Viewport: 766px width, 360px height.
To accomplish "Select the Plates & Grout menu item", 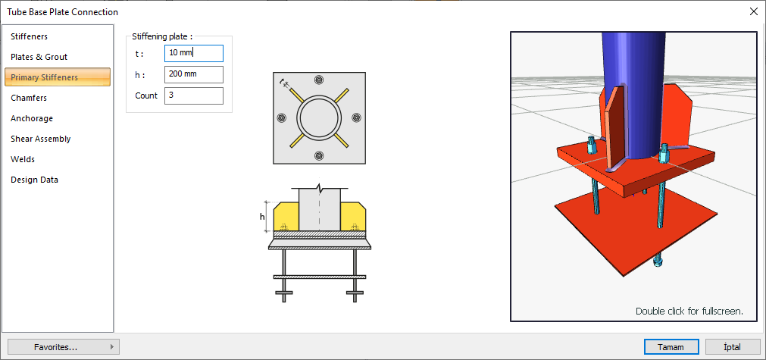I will pyautogui.click(x=39, y=57).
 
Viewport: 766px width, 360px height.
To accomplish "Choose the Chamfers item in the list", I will pyautogui.click(x=29, y=98).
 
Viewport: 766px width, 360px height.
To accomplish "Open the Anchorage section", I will pyautogui.click(x=32, y=118).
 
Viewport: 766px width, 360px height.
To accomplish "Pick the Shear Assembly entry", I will pyautogui.click(x=41, y=139).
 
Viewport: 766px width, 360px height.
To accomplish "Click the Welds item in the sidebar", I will pyautogui.click(x=23, y=159).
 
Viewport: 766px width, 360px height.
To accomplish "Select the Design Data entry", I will pyautogui.click(x=34, y=180).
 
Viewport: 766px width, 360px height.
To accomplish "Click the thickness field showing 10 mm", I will pyautogui.click(x=193, y=53).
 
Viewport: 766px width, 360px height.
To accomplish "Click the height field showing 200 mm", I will pyautogui.click(x=193, y=74).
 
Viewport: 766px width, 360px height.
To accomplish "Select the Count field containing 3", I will pyautogui.click(x=193, y=95).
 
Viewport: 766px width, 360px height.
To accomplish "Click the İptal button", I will pyautogui.click(x=733, y=346).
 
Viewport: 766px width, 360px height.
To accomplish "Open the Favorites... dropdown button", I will pyautogui.click(x=63, y=346).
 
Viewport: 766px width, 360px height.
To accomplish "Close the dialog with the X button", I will pyautogui.click(x=753, y=11).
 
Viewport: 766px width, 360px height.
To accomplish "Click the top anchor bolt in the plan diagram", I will pyautogui.click(x=319, y=80).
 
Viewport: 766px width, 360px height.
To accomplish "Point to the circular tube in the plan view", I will pyautogui.click(x=319, y=117).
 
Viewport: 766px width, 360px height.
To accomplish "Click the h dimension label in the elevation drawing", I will pyautogui.click(x=262, y=217).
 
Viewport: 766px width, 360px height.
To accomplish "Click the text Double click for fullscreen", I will pyautogui.click(x=689, y=311).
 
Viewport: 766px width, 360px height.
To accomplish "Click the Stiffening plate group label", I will pyautogui.click(x=162, y=36).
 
